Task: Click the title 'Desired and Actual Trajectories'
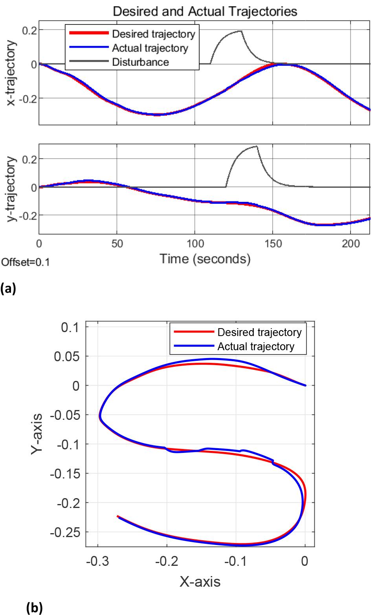[205, 11]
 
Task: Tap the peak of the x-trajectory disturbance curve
[240, 31]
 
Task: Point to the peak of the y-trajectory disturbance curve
[256, 146]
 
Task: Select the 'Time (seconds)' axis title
[204, 259]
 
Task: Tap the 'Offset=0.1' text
[26, 262]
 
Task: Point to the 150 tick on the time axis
[273, 244]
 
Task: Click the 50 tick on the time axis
[117, 244]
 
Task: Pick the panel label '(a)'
[8, 289]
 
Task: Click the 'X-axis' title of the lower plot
[200, 581]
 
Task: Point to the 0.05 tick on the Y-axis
[68, 356]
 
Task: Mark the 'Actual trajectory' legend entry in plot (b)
[255, 347]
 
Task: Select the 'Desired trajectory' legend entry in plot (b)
[259, 332]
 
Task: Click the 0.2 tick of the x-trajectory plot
[29, 30]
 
